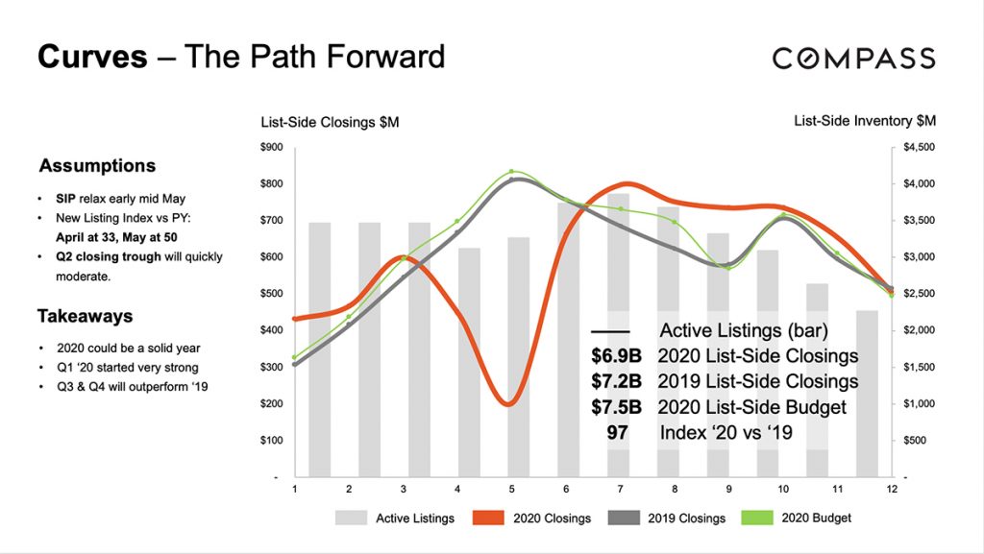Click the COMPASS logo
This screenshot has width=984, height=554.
pyautogui.click(x=853, y=58)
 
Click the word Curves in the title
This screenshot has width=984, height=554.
pyautogui.click(x=92, y=57)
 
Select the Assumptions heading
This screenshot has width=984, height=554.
pyautogui.click(x=97, y=166)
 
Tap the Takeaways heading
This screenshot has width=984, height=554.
pyautogui.click(x=85, y=316)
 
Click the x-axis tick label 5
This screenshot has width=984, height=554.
pyautogui.click(x=512, y=489)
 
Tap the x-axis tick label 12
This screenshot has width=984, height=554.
pyautogui.click(x=893, y=489)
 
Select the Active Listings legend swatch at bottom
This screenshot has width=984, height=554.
pyautogui.click(x=352, y=518)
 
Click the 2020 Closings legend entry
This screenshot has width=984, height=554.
pyautogui.click(x=532, y=518)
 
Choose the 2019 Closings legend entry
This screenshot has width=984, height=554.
pyautogui.click(x=667, y=518)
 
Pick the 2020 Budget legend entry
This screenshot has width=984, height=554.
pyautogui.click(x=798, y=518)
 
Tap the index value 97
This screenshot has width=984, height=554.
pyautogui.click(x=617, y=433)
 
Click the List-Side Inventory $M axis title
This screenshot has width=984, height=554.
pyautogui.click(x=864, y=121)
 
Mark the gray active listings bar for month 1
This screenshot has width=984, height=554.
pyautogui.click(x=320, y=349)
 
